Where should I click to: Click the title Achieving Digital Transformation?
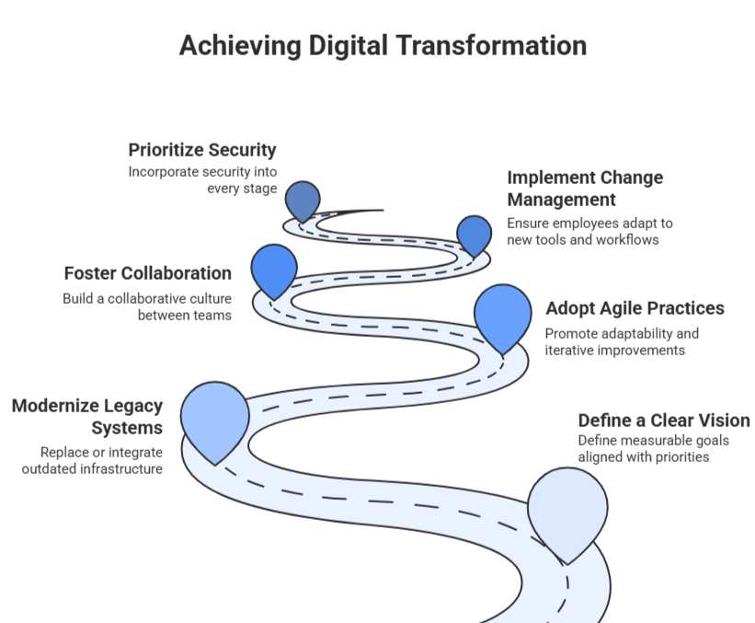[x=382, y=46]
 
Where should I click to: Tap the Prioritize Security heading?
[x=202, y=150]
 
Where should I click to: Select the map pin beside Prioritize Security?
[x=302, y=200]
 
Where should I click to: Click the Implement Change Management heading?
[x=585, y=188]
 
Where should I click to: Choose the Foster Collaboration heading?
[x=148, y=273]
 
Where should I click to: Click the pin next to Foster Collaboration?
[x=274, y=268]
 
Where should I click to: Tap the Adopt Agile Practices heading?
[x=635, y=308]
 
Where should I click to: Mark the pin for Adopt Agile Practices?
[x=503, y=314]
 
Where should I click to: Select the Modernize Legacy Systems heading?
[x=87, y=417]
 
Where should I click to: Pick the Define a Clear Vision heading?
[x=663, y=420]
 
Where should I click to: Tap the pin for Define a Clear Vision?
[x=567, y=509]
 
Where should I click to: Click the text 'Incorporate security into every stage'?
[x=202, y=180]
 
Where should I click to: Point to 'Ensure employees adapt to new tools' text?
[x=589, y=232]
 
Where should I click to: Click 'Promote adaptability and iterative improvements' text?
[x=622, y=341]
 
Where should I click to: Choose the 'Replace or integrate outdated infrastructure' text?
[x=101, y=460]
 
